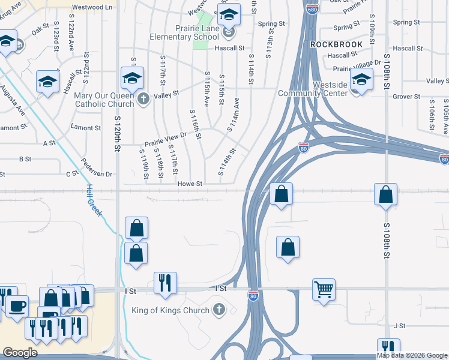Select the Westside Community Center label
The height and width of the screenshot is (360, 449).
(313, 89)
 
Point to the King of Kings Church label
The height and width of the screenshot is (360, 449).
(170, 310)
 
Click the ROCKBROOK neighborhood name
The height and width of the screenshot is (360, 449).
(337, 44)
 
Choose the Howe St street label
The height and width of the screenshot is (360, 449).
(190, 184)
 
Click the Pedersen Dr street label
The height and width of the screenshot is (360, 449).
(97, 174)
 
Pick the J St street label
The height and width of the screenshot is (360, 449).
(400, 326)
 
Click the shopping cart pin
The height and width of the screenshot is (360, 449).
(324, 290)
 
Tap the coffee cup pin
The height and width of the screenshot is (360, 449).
(16, 307)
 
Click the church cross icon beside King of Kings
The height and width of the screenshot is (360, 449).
(219, 310)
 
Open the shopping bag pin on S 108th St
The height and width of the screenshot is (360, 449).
(385, 194)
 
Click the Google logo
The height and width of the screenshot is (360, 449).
(20, 353)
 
